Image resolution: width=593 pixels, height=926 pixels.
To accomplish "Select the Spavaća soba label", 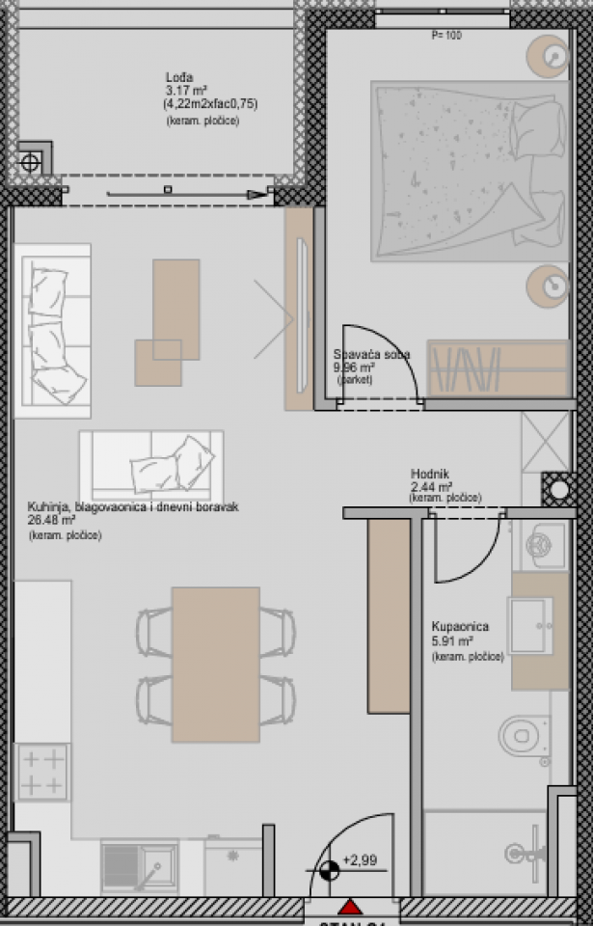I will (371, 354).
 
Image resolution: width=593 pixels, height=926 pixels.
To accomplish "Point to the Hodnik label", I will (429, 474).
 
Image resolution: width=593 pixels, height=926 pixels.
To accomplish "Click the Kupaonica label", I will (460, 627).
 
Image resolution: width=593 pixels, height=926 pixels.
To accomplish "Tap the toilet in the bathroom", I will (523, 737).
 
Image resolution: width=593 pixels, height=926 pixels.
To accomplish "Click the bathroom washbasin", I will (530, 625).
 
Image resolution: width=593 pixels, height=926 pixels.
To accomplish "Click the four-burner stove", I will (42, 773).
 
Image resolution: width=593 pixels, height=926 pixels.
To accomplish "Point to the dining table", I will (215, 664).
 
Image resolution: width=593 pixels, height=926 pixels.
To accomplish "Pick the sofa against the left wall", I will (53, 331).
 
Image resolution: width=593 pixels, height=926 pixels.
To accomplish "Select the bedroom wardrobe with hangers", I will (497, 368).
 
